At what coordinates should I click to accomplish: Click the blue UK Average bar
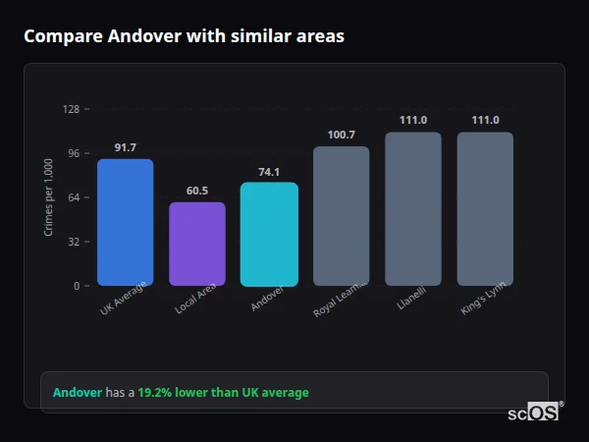click(125, 222)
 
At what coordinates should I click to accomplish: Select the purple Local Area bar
click(197, 244)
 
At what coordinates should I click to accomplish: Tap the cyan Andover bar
click(269, 234)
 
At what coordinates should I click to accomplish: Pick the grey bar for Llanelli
click(413, 208)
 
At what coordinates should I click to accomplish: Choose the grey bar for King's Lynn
click(485, 208)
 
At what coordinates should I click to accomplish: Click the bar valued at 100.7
click(341, 216)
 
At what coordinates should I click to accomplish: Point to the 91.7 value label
click(125, 147)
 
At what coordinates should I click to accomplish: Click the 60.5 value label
click(197, 191)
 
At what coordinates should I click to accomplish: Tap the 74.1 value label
click(269, 171)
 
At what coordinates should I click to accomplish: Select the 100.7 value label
click(341, 135)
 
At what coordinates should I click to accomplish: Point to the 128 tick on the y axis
click(71, 109)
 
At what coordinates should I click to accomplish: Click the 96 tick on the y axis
click(73, 153)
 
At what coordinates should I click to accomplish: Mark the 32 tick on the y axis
click(73, 242)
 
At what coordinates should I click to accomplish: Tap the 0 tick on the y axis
click(76, 286)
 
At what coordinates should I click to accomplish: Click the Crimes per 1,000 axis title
click(49, 197)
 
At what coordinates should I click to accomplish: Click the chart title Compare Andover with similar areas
click(184, 36)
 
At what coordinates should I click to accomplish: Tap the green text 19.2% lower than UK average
click(223, 393)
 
